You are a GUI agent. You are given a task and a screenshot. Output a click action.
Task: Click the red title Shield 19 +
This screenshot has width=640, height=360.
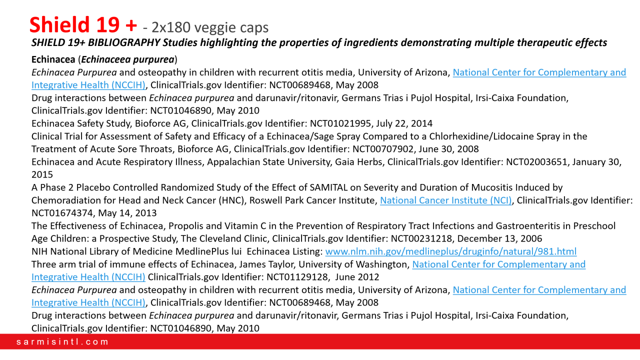pyautogui.click(x=83, y=24)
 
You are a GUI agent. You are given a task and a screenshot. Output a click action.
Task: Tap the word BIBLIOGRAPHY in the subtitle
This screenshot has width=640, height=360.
pyautogui.click(x=107, y=42)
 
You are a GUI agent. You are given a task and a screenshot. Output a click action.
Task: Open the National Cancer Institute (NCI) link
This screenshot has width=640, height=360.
pyautogui.click(x=445, y=200)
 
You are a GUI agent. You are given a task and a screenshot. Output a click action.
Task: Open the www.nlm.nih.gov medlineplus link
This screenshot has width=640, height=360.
pyautogui.click(x=450, y=251)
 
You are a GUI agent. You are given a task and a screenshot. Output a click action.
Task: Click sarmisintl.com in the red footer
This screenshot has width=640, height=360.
pyautogui.click(x=62, y=342)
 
